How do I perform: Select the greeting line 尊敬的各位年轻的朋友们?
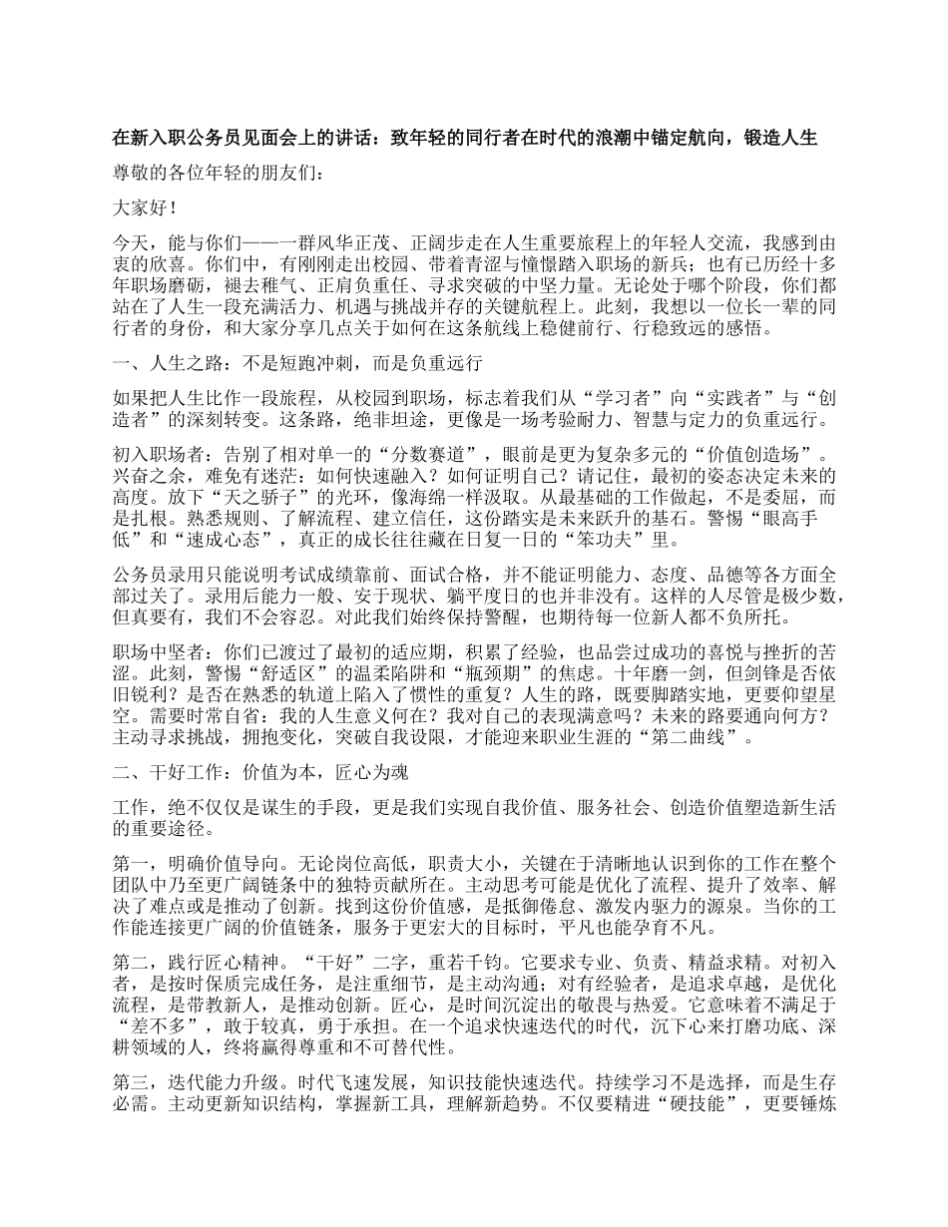point(219,174)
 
